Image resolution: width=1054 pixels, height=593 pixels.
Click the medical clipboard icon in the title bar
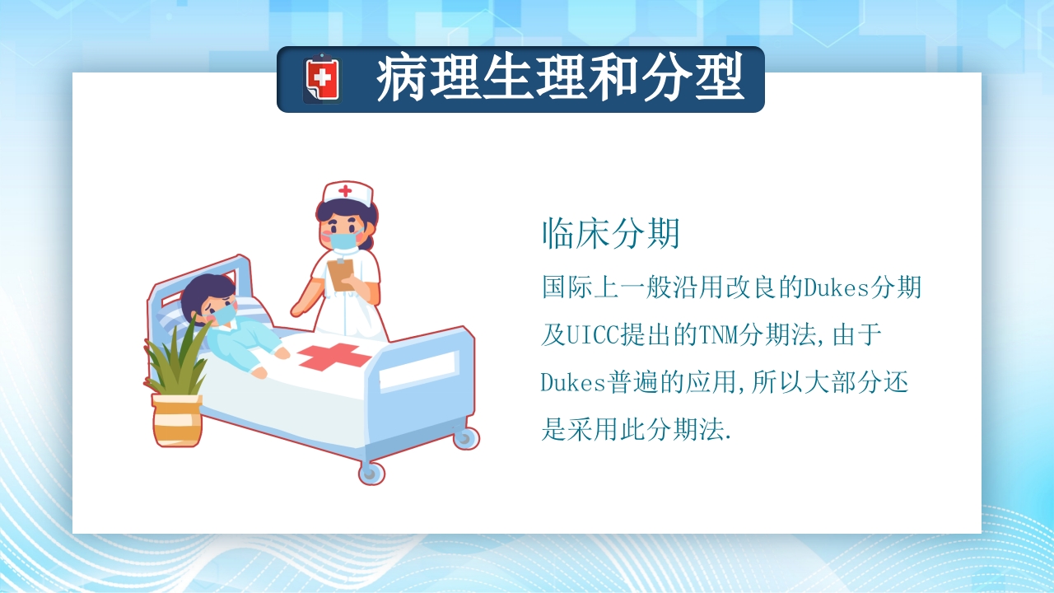pyautogui.click(x=321, y=79)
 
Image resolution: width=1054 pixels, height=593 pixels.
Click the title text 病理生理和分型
pyautogui.click(x=560, y=78)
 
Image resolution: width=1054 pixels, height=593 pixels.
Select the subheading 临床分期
pyautogui.click(x=611, y=234)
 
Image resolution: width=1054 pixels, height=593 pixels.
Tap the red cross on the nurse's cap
pyautogui.click(x=345, y=191)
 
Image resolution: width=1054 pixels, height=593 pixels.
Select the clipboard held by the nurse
pyautogui.click(x=340, y=273)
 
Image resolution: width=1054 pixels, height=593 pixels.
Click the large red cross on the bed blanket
pyautogui.click(x=333, y=357)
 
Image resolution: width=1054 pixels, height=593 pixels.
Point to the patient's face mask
pyautogui.click(x=222, y=314)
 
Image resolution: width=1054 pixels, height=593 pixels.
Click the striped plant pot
pyautogui.click(x=177, y=420)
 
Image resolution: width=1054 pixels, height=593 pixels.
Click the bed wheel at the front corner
pyautogui.click(x=371, y=473)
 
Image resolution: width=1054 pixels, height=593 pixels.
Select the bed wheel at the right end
pyautogui.click(x=467, y=437)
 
